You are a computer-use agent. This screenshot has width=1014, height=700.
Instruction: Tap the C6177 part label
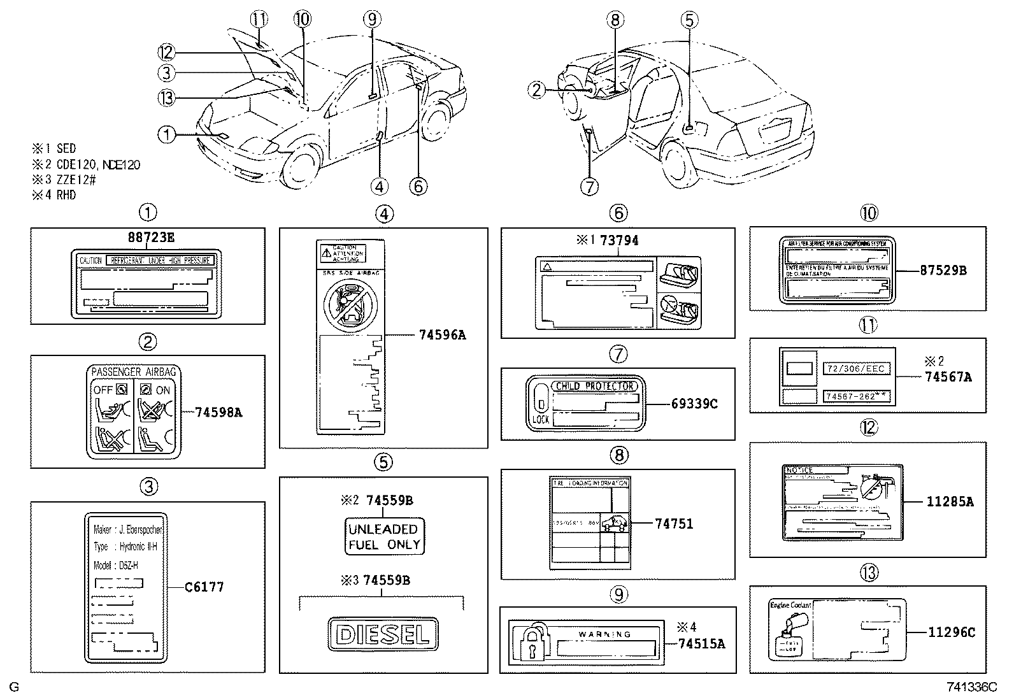point(204,587)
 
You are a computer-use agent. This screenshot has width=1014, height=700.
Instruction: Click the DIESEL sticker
point(383,634)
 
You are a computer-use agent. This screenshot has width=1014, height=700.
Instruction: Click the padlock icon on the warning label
point(530,641)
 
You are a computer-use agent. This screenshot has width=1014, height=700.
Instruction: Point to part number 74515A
point(701,643)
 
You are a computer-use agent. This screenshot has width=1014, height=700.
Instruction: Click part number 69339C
point(695,404)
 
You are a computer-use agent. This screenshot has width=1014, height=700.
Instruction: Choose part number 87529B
point(943,270)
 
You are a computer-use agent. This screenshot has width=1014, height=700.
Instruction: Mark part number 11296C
point(951,632)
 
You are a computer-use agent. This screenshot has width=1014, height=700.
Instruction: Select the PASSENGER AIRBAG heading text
point(133,371)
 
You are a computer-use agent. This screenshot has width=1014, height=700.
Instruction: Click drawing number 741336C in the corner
point(971,687)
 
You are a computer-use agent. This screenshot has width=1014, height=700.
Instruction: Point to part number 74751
point(674,524)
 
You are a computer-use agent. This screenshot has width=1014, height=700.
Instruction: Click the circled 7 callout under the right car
point(589,187)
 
